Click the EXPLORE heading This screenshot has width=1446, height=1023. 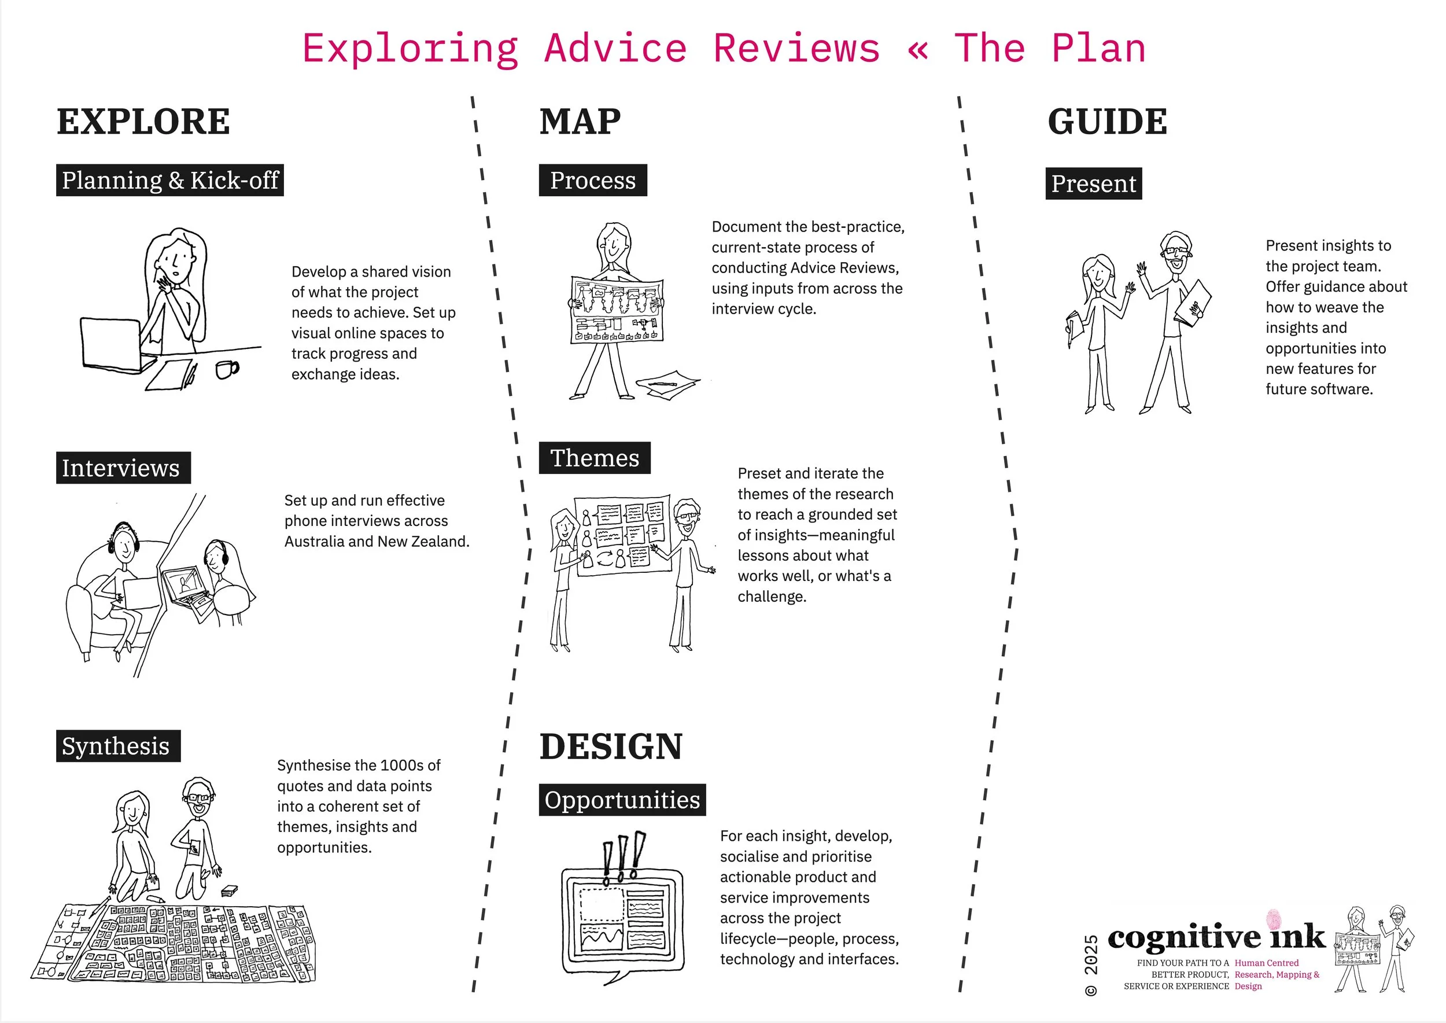[143, 122]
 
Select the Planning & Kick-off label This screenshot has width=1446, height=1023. [169, 180]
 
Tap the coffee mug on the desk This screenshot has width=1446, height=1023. [226, 369]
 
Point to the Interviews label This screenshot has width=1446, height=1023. [123, 468]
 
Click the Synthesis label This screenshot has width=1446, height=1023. [118, 746]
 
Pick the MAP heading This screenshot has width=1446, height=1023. [580, 122]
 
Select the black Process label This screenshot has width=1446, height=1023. [593, 180]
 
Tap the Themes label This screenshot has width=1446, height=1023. [595, 458]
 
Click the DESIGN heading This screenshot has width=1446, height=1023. [610, 746]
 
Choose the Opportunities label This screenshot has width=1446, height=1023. [622, 800]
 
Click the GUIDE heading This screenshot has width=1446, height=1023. [1106, 122]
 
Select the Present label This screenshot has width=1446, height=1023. [1093, 184]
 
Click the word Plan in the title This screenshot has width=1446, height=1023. [1098, 49]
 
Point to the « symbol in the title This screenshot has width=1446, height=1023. [917, 49]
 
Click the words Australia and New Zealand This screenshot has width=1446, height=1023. [376, 542]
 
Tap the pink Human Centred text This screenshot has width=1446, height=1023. [1266, 962]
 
